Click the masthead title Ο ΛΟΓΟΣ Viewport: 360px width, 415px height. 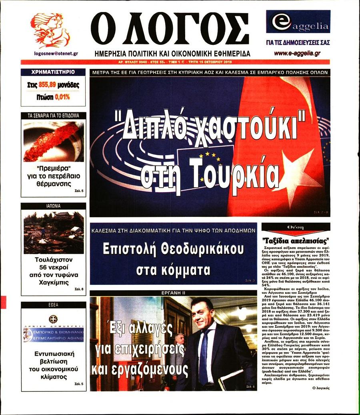[x=170, y=30]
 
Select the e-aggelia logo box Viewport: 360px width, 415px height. [x=298, y=22]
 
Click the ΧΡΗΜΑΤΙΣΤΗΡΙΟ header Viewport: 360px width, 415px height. [x=53, y=72]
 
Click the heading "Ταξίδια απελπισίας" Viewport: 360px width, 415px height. [x=296, y=241]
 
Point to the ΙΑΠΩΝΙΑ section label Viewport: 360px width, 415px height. [x=53, y=206]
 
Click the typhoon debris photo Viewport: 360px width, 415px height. [x=53, y=232]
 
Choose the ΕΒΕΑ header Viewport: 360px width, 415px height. [x=53, y=305]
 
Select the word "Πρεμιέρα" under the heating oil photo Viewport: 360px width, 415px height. [x=53, y=168]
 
